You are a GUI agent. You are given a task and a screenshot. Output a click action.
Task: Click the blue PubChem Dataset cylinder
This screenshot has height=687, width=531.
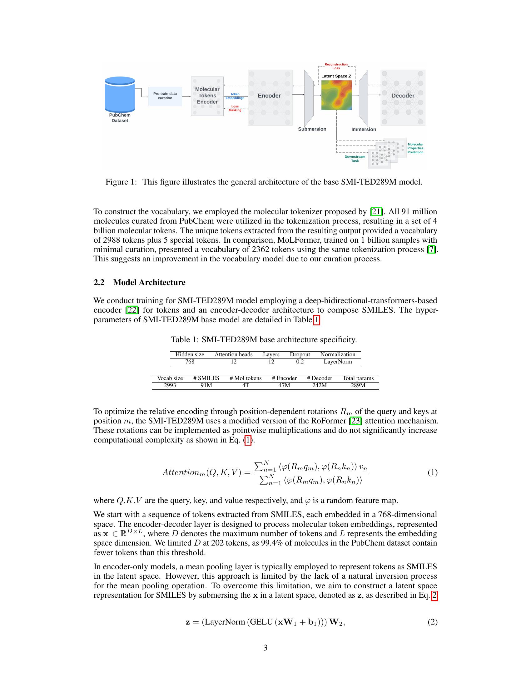(x=120, y=94)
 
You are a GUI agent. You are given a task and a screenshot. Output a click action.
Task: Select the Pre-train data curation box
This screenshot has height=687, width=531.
(x=165, y=96)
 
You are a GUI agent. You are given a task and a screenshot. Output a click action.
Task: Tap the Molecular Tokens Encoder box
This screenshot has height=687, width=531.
(x=207, y=96)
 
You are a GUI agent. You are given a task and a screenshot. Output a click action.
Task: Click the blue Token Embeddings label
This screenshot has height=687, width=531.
(x=235, y=96)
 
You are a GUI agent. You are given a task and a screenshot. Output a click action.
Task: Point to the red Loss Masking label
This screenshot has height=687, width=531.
(x=235, y=108)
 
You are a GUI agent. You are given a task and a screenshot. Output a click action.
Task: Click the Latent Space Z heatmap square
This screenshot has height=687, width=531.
(x=336, y=95)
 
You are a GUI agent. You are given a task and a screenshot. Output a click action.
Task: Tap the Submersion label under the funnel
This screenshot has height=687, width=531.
(x=312, y=129)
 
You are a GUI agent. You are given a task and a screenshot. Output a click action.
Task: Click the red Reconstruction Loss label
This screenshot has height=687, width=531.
(x=336, y=66)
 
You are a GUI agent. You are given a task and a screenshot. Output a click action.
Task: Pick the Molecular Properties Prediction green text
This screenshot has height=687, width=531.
(x=415, y=148)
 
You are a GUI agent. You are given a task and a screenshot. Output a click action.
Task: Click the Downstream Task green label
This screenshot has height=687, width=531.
(x=355, y=159)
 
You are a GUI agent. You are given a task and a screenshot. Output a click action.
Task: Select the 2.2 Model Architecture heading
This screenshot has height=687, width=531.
(x=139, y=282)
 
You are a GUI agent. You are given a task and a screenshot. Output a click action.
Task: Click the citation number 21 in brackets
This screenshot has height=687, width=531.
(x=376, y=211)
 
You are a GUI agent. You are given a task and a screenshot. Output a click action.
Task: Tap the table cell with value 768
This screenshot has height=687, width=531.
(x=190, y=361)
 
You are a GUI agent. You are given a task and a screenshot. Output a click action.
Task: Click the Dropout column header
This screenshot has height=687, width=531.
(x=300, y=354)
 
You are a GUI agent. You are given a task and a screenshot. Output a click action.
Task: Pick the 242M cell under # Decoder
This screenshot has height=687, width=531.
(x=319, y=385)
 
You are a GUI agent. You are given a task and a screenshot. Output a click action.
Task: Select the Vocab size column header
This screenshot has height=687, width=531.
(x=170, y=378)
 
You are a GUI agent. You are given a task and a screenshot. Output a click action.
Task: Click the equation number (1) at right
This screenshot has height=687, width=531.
(x=432, y=472)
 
